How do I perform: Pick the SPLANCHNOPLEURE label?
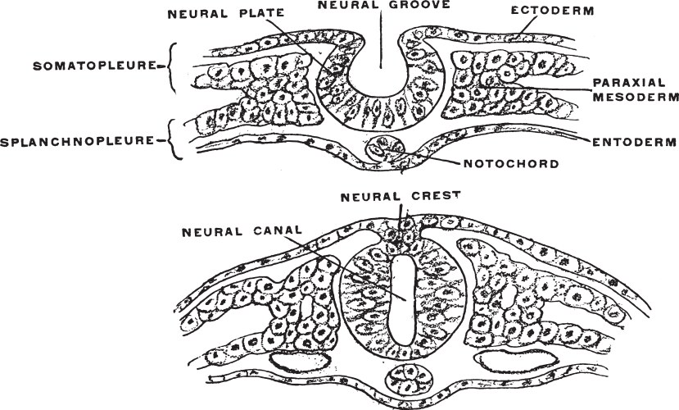click(83, 140)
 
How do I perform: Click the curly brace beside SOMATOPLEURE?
click(172, 65)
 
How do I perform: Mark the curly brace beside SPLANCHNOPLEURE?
click(173, 139)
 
